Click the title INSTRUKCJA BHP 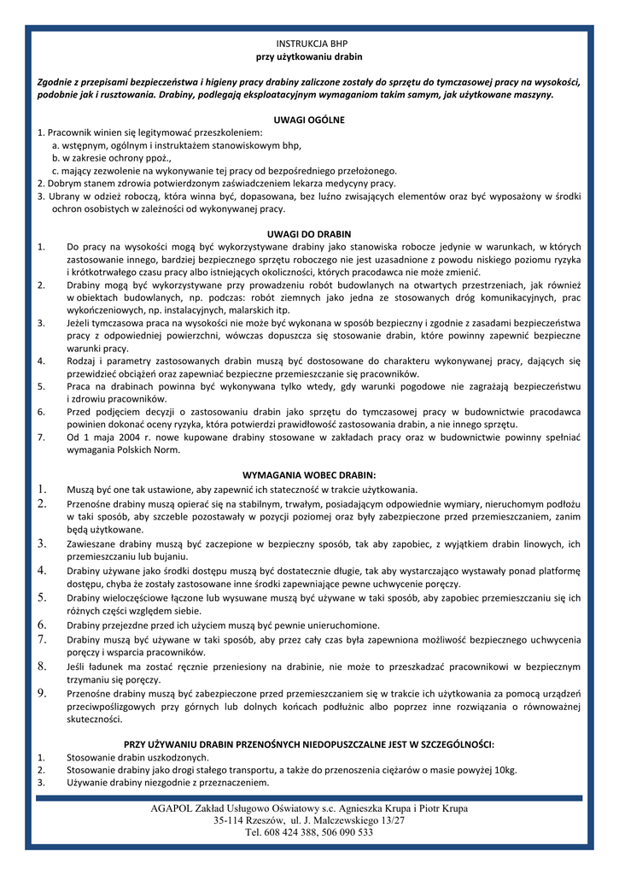pos(309,43)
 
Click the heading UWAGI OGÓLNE pos(309,120)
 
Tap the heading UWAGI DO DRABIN pos(309,234)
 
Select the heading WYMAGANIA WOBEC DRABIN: pos(309,475)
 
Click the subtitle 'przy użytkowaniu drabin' pos(309,56)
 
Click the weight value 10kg pos(505,770)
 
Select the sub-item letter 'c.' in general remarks pos(55,171)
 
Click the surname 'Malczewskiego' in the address pos(348,820)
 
